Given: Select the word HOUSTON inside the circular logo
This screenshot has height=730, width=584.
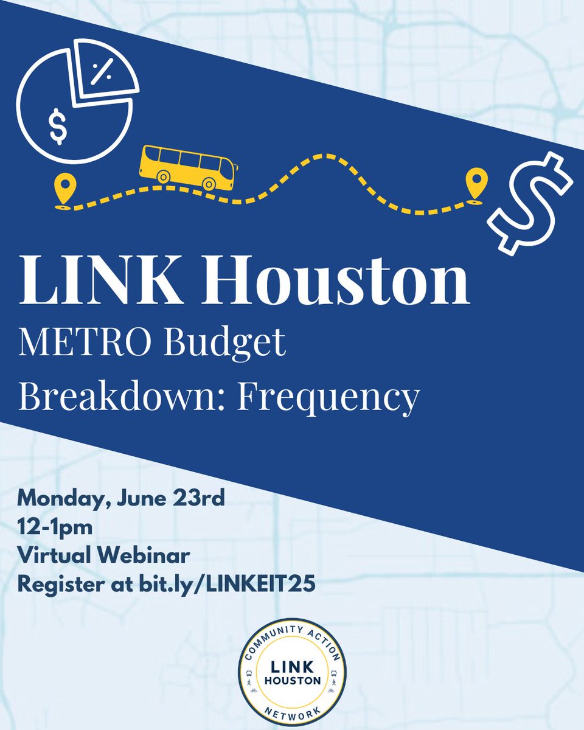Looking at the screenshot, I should coord(292,680).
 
